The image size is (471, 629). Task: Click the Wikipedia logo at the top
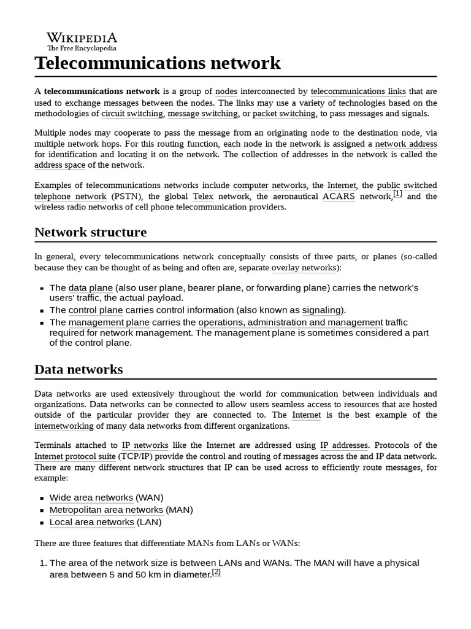(82, 41)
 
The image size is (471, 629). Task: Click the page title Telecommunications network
(157, 63)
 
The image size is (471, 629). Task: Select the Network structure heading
(90, 232)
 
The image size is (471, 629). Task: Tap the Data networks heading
(78, 369)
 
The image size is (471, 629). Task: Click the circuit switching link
(132, 114)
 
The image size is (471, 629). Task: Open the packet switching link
(284, 114)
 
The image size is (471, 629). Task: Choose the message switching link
(202, 114)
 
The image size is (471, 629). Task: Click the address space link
(61, 165)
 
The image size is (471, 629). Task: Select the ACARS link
(339, 197)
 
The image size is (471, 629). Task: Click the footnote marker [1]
(397, 194)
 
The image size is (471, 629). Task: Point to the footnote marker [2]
(216, 572)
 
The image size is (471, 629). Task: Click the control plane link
(95, 310)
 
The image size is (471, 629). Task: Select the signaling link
(321, 310)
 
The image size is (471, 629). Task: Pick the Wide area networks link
(91, 498)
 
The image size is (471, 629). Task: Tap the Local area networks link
(91, 522)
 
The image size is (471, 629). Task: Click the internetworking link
(64, 426)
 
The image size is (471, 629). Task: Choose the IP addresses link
(344, 445)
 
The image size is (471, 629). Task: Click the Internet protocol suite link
(75, 456)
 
